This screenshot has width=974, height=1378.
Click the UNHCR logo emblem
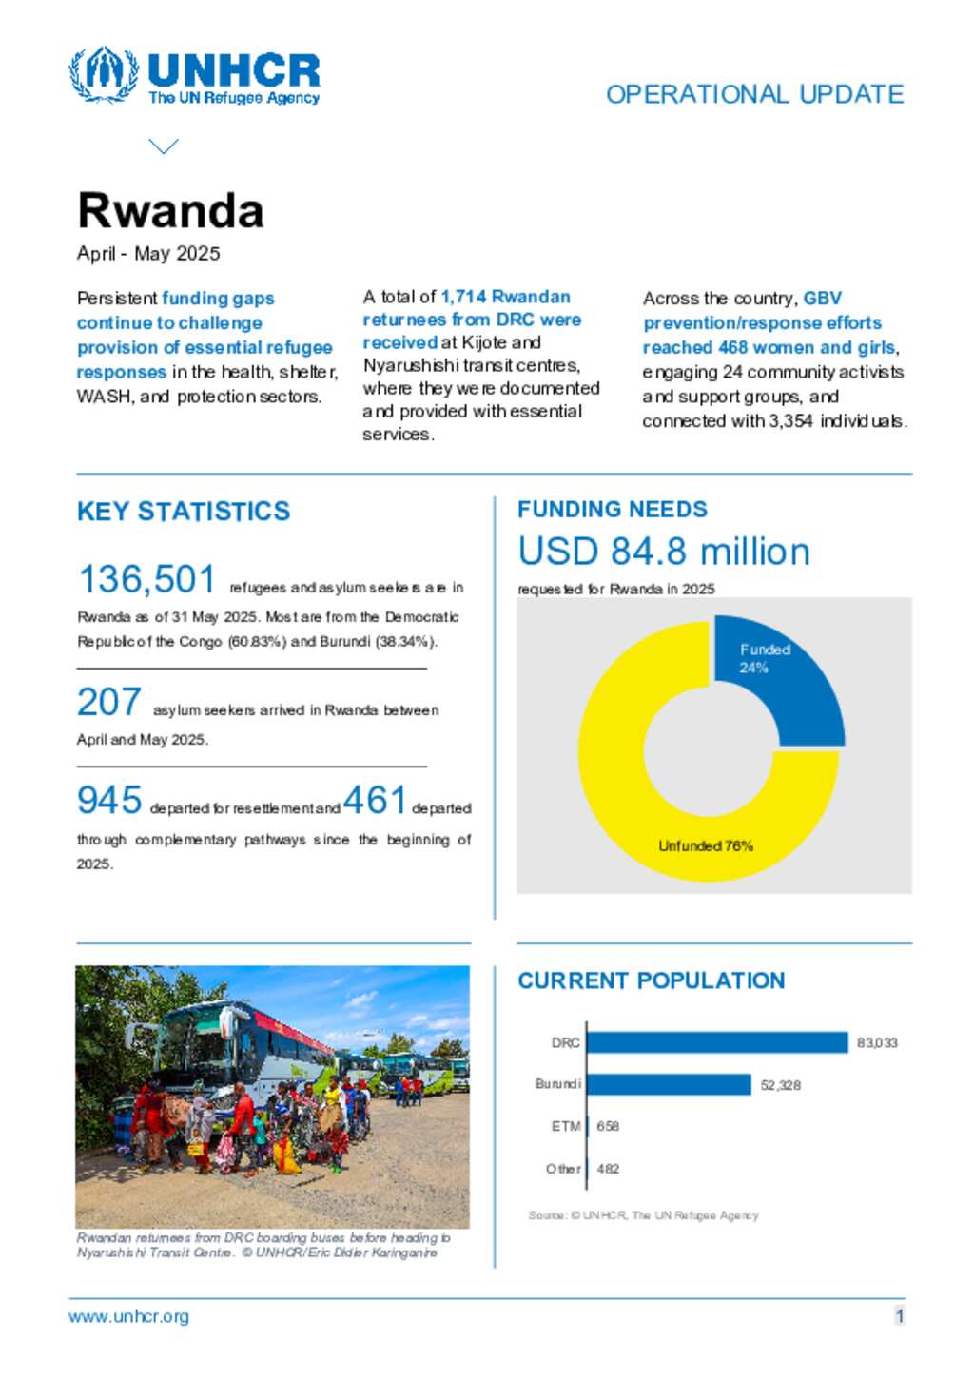(x=104, y=74)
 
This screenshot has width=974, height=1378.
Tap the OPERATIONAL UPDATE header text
(x=754, y=94)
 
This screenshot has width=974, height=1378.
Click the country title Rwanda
(x=170, y=210)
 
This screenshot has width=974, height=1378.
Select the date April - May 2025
(x=148, y=253)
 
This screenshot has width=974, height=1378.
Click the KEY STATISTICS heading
(x=184, y=512)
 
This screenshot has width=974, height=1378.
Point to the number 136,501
(x=146, y=579)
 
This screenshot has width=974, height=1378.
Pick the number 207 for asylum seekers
(x=109, y=702)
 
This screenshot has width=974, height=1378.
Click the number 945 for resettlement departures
(x=109, y=800)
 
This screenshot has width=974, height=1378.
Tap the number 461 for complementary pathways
(x=375, y=800)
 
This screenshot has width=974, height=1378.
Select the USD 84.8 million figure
(x=664, y=552)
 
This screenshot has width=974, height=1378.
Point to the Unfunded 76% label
(x=706, y=845)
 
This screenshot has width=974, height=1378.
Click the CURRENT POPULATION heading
(x=652, y=980)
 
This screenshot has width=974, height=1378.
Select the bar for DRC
(x=717, y=1042)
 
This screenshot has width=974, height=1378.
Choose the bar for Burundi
(x=670, y=1084)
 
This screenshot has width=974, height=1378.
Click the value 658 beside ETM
(x=608, y=1126)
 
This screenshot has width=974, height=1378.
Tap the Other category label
(x=563, y=1169)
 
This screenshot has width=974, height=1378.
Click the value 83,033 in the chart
(x=877, y=1043)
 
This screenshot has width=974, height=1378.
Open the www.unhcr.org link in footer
(x=128, y=1316)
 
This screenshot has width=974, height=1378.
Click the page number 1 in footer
(x=899, y=1316)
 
